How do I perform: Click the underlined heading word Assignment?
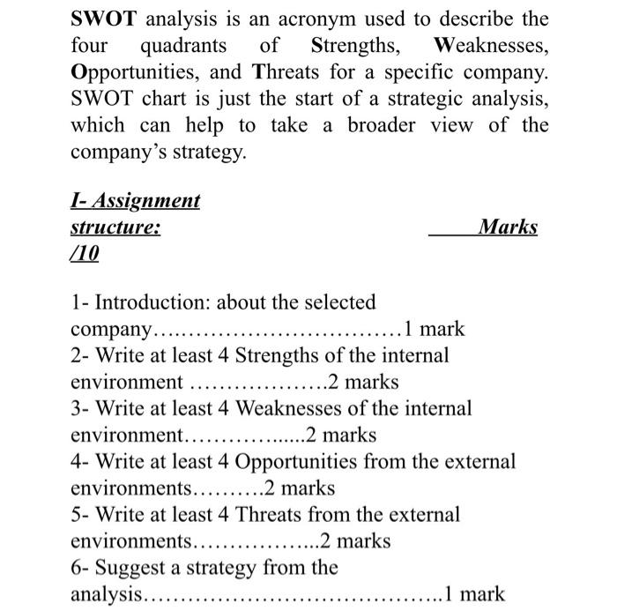(147, 201)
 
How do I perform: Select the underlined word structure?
(115, 227)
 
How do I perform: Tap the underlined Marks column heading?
(507, 227)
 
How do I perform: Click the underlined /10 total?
(85, 254)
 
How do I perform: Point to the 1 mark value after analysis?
(476, 593)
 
